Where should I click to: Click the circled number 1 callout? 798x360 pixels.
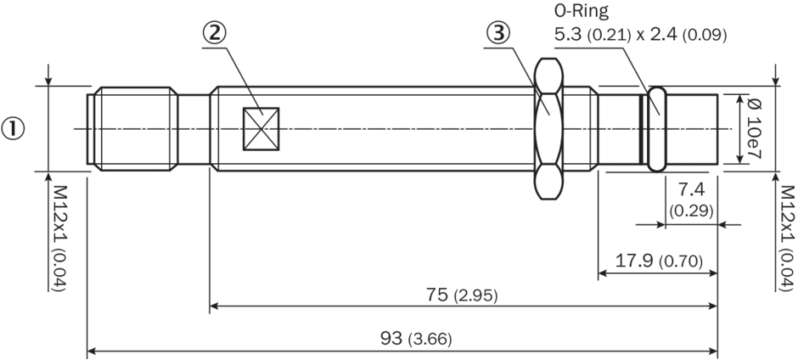tap(13, 129)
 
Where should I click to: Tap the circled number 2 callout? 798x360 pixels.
tap(214, 34)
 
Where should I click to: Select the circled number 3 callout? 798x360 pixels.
tap(498, 33)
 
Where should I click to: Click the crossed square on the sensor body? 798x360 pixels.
tap(261, 129)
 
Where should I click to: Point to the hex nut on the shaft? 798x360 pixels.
tap(549, 128)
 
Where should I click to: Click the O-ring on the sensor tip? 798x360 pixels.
tap(657, 129)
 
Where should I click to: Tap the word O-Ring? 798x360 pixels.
tap(582, 11)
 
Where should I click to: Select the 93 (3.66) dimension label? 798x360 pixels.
tap(416, 339)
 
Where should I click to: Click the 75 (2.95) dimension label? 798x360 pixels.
tap(462, 309)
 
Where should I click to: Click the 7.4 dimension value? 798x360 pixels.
tap(691, 190)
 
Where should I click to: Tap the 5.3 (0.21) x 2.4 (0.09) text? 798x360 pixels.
tap(640, 35)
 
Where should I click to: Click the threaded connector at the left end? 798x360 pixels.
tap(132, 129)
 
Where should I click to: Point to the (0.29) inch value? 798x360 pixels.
tap(691, 211)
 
